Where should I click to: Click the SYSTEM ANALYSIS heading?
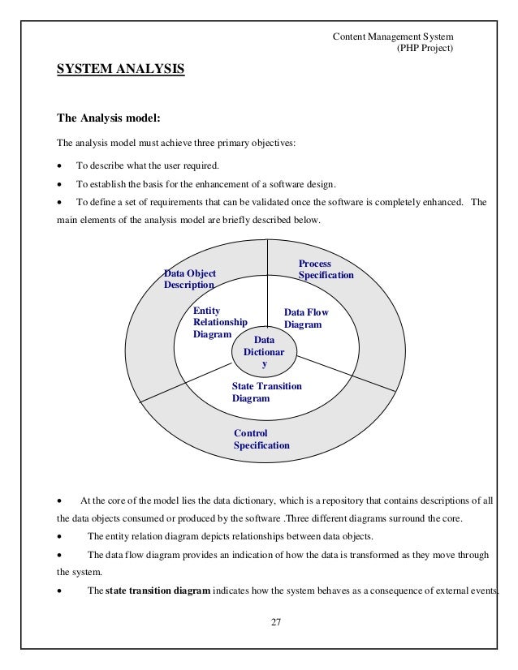(x=120, y=71)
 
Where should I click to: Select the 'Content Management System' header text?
(x=393, y=37)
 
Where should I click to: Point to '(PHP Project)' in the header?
(x=424, y=49)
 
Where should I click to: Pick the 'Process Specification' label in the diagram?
(x=326, y=269)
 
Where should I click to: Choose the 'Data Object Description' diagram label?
(x=190, y=279)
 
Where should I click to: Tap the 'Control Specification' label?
(x=261, y=439)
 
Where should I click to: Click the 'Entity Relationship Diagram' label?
(x=219, y=322)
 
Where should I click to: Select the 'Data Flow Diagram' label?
(x=305, y=318)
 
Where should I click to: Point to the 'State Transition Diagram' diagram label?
(x=266, y=392)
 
